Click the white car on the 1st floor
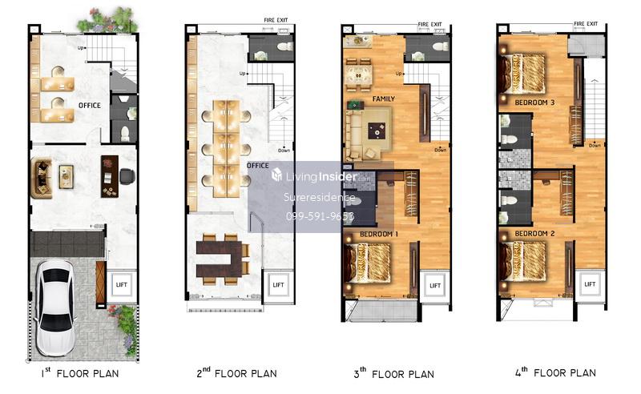(55, 308)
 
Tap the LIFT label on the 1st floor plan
(122, 285)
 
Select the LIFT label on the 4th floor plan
(590, 284)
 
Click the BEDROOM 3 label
(534, 103)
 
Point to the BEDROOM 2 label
(534, 233)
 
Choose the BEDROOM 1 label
(379, 234)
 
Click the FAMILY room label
(384, 99)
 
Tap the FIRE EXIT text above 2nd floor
(276, 19)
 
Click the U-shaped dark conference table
(219, 259)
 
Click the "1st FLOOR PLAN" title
(80, 372)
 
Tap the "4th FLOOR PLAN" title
(555, 372)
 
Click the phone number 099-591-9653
(320, 216)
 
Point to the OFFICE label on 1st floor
(90, 106)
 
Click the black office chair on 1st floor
(127, 176)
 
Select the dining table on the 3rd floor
(358, 75)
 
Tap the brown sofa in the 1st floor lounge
(42, 179)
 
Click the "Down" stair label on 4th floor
(595, 146)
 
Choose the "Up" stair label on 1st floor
(81, 48)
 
